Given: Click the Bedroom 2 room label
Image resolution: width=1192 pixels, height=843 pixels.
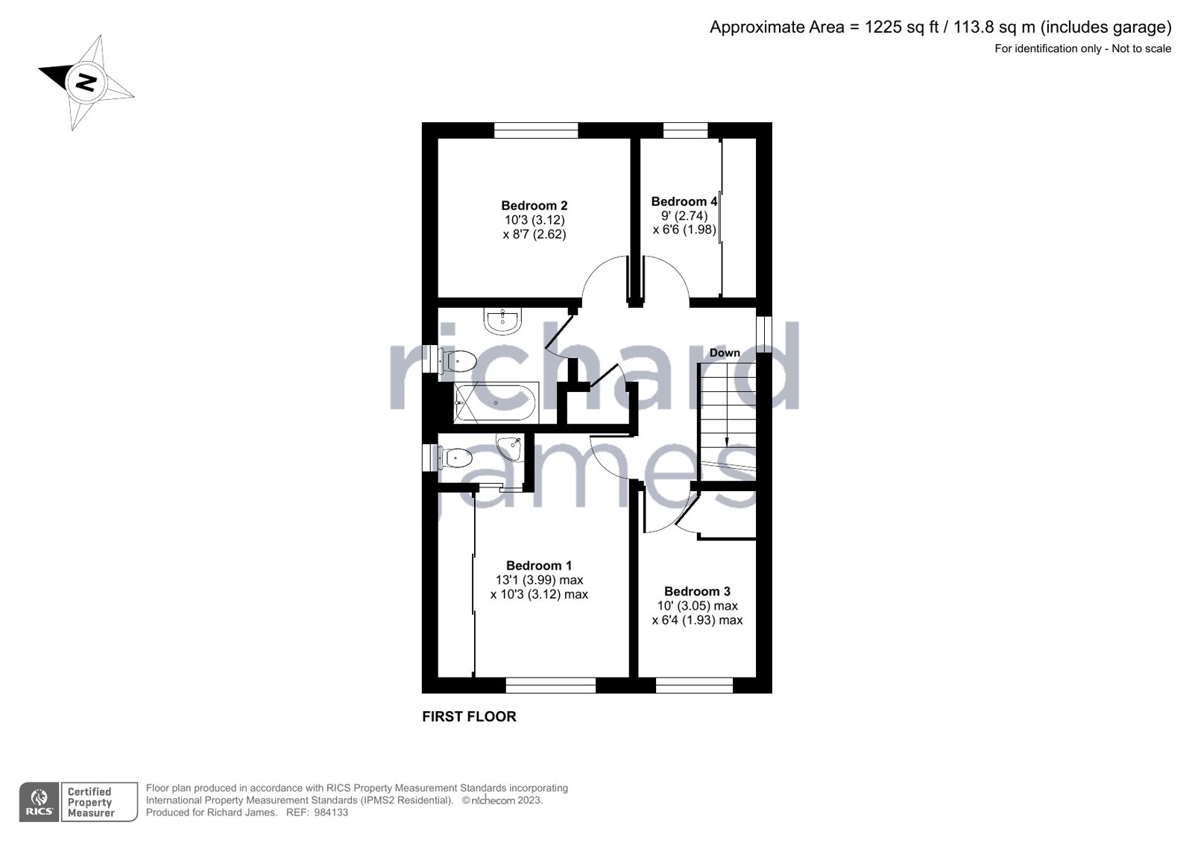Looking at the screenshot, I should point(534,206).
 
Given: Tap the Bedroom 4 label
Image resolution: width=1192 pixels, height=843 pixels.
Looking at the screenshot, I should point(684,201).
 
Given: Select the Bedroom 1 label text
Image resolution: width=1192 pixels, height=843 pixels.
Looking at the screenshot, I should point(539,566).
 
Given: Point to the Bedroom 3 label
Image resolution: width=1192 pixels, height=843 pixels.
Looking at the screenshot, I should point(697,592).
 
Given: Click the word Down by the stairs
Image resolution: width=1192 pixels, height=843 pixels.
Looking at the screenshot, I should point(725,353).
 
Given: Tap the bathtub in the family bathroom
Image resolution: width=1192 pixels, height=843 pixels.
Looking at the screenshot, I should point(495,402).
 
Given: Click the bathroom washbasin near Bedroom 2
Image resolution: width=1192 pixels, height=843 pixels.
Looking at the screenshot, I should point(503,321).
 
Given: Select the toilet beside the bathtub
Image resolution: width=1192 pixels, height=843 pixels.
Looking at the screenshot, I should point(458,361).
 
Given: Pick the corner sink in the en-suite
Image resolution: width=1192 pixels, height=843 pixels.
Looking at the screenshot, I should point(511,446).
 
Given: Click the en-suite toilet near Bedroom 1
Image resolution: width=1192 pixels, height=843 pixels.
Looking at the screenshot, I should point(455,457).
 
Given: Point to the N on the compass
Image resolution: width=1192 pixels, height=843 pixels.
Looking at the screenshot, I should point(86,81).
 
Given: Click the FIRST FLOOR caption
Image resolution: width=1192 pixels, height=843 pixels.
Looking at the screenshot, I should point(469,716).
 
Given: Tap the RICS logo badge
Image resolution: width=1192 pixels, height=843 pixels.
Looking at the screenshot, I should point(39,802).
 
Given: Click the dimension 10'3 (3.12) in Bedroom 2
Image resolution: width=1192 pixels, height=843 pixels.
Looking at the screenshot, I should point(534,221).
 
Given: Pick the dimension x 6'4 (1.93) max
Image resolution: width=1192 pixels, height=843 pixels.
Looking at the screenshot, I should point(697,620).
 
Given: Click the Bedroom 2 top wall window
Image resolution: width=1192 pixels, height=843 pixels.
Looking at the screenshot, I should point(536,130).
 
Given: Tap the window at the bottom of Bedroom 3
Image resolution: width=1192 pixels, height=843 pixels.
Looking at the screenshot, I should point(694,685).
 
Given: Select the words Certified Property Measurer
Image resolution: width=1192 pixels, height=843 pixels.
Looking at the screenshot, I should point(90,802).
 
